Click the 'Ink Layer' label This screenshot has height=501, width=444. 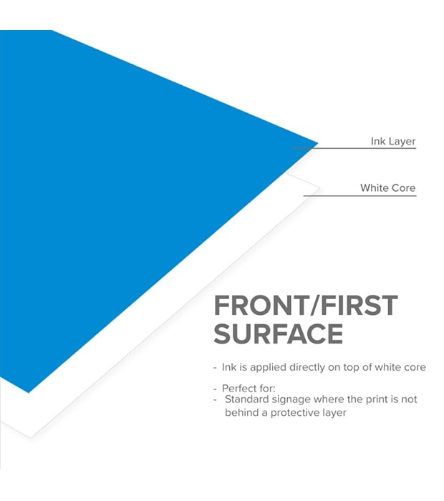(x=393, y=141)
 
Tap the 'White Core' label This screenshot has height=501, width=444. (x=387, y=188)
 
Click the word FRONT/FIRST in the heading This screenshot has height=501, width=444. (x=306, y=306)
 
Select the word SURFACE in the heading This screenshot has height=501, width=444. (x=279, y=334)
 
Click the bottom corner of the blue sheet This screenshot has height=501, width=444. (x=29, y=391)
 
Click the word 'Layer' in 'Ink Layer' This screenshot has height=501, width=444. (x=402, y=141)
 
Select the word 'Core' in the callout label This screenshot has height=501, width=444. (x=403, y=188)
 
